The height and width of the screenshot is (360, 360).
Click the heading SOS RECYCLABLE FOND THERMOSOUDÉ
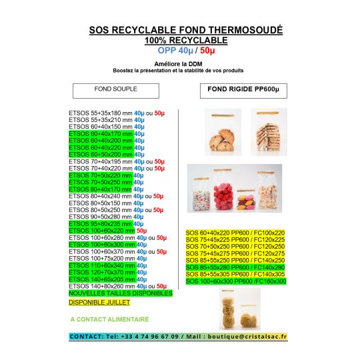(185, 31)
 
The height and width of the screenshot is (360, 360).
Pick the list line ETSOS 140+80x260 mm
(101, 286)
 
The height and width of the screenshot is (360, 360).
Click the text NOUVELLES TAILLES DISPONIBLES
(121, 293)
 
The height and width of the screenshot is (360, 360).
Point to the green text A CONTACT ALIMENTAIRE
(109, 319)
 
